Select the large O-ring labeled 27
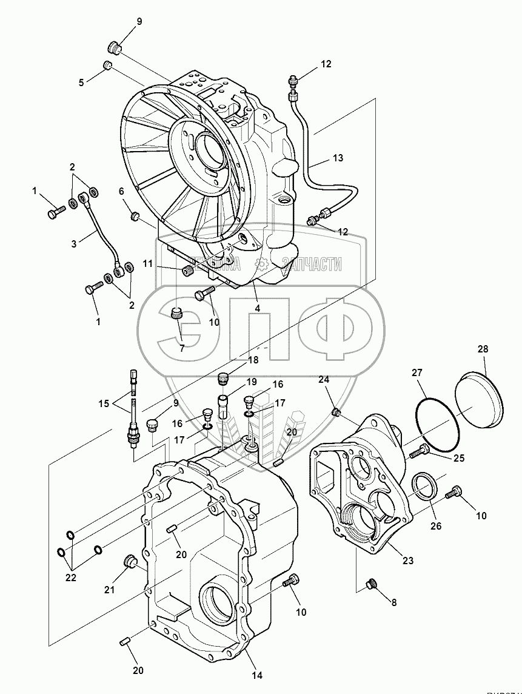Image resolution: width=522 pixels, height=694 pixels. point(437,418)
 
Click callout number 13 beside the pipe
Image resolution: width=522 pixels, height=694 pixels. point(338,158)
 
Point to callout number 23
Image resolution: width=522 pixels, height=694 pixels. point(408,561)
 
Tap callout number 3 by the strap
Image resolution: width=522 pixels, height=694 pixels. point(73,244)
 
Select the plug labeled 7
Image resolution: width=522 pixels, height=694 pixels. point(178,315)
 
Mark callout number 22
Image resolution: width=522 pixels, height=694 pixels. point(71,578)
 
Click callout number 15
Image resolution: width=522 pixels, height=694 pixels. point(104,403)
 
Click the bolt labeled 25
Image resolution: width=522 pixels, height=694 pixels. point(420,451)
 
